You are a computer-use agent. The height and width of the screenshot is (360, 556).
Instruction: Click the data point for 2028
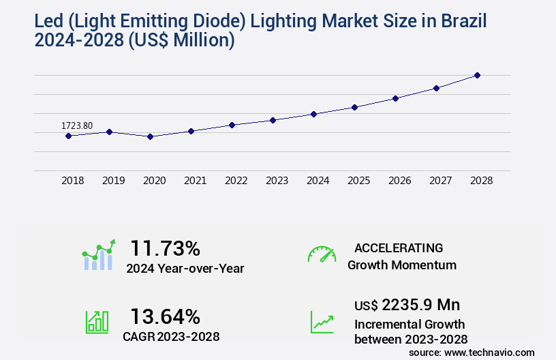coord(477,75)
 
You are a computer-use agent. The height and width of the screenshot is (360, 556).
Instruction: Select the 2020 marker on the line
coord(151,136)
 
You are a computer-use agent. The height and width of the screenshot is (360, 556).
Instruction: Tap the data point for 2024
coord(313,114)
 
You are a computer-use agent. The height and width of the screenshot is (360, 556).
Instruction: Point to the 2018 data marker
coord(68,136)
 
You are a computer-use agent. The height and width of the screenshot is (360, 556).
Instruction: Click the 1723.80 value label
coord(77,125)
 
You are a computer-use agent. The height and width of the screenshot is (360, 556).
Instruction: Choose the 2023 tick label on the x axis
coord(277,181)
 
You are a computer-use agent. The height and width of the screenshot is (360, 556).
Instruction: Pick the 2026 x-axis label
coord(399,181)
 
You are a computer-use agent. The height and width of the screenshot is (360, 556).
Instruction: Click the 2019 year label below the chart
coord(113,181)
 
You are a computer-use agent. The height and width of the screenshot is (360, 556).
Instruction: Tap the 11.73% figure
coord(165,247)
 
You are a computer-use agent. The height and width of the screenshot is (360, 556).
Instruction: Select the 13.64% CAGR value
coord(165,316)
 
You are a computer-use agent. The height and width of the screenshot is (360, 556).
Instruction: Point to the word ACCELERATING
coord(399,247)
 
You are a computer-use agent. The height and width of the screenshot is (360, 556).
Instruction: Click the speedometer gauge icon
coord(322,254)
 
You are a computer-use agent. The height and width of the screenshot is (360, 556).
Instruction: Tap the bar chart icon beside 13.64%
coord(97,322)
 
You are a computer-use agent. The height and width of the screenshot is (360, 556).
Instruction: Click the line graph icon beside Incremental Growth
coord(322,322)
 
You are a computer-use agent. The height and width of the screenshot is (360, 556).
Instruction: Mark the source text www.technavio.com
coord(490,352)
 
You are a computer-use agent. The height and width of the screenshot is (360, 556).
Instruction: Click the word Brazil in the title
coord(463,21)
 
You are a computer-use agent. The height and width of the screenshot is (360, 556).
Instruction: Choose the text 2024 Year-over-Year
coord(185,268)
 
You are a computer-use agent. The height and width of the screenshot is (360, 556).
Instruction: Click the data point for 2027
coord(436,88)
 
